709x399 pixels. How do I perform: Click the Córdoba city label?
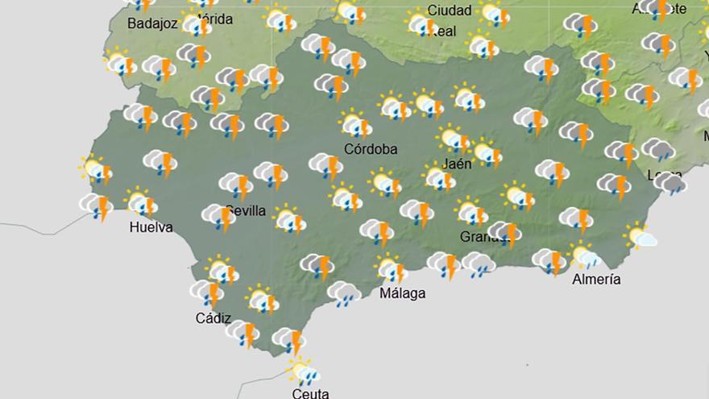(371, 149)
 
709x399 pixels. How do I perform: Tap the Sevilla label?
(246, 211)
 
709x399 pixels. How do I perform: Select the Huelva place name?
(151, 227)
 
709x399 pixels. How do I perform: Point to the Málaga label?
(402, 293)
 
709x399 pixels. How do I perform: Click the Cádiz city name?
(213, 318)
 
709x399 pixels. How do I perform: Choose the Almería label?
(596, 280)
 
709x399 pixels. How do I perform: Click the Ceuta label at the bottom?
(310, 393)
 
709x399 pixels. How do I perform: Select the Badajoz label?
(152, 24)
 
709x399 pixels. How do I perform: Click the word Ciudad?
(450, 10)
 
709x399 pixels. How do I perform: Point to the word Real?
(444, 31)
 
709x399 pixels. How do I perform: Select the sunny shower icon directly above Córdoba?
(354, 125)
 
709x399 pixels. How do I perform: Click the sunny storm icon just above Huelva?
(142, 202)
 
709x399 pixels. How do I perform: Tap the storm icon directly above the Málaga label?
(391, 268)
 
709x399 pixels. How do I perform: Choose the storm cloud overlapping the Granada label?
(505, 233)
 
